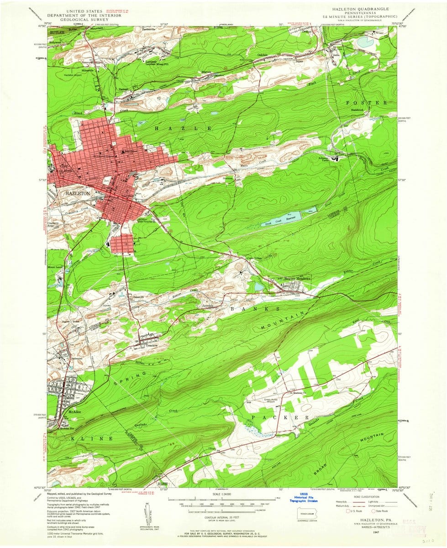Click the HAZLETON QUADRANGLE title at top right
356,9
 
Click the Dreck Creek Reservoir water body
284,218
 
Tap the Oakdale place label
262,55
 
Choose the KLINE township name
91,438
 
